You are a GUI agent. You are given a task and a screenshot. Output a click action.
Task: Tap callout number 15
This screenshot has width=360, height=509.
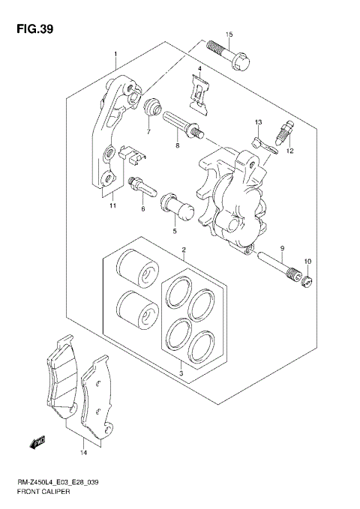[x=229, y=34]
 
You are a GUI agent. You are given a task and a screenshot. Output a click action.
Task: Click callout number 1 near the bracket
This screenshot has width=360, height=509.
[x=116, y=55]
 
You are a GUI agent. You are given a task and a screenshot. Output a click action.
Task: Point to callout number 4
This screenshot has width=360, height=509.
[x=200, y=70]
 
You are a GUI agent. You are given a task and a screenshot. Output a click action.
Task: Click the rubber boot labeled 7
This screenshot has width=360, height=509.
[x=153, y=108]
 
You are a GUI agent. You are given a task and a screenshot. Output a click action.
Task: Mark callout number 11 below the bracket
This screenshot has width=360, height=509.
[x=112, y=206]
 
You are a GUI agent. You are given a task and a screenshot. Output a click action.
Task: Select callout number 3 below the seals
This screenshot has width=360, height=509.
[x=181, y=372]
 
